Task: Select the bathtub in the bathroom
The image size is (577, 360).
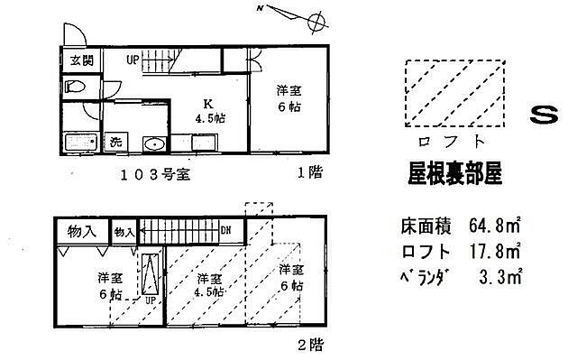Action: click(x=83, y=143)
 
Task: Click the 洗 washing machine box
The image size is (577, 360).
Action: click(x=116, y=142)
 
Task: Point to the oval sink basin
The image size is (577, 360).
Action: click(x=153, y=143)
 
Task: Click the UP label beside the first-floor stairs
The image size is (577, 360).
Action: click(x=133, y=61)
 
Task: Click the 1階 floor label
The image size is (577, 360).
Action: click(x=309, y=171)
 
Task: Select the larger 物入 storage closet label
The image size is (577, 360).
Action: click(x=82, y=232)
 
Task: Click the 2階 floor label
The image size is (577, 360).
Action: click(x=309, y=343)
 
